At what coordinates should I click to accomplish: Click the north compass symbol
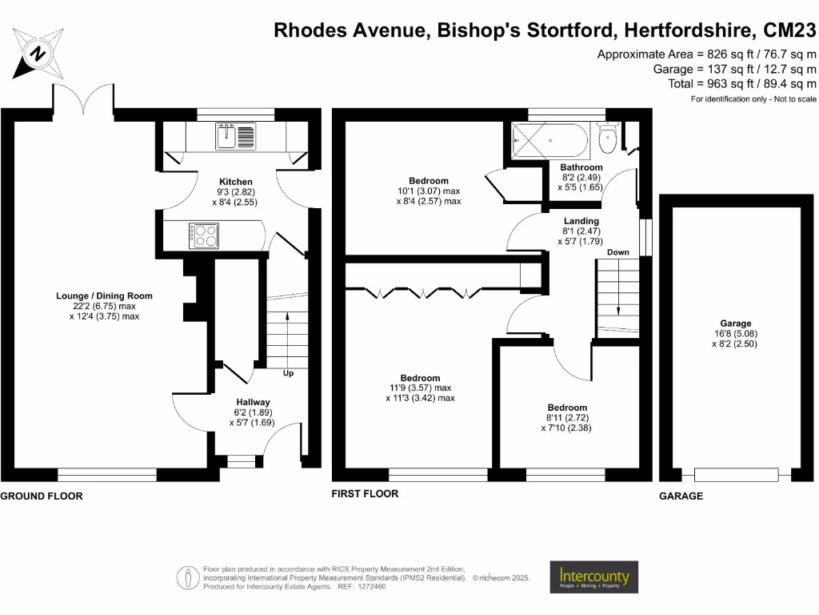(x=37, y=54)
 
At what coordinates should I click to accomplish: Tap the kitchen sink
(x=234, y=137)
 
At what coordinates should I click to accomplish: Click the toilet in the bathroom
(x=608, y=141)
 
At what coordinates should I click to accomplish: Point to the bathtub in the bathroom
(x=550, y=141)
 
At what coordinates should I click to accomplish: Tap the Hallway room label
(x=253, y=402)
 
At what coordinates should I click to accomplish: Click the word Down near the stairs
(x=617, y=252)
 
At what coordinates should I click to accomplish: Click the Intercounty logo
(x=593, y=577)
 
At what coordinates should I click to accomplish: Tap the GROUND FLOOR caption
(x=42, y=496)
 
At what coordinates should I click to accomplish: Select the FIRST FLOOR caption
(x=365, y=494)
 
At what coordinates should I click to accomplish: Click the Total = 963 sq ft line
(x=742, y=83)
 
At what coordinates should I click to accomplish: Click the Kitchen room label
(x=236, y=182)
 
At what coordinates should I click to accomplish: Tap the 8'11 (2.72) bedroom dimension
(x=568, y=418)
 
